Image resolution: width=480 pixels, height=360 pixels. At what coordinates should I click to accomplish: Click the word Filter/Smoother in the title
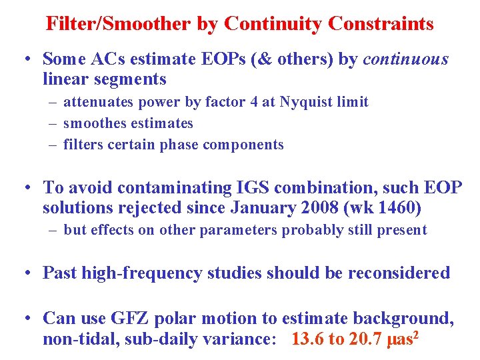click(x=119, y=24)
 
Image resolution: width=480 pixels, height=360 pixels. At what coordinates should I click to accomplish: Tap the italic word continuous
click(x=405, y=59)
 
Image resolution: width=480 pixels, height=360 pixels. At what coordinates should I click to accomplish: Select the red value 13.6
click(x=308, y=339)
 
